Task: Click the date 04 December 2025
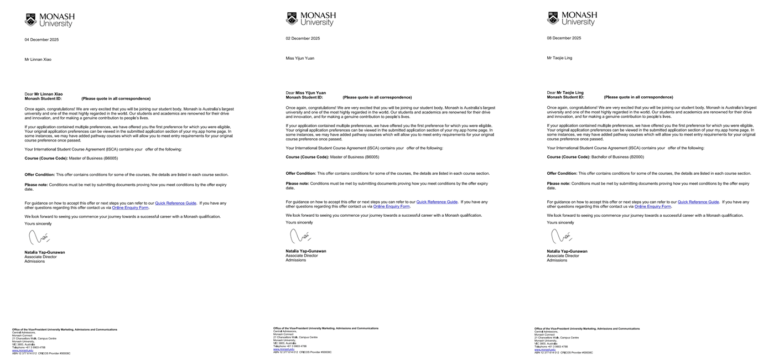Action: point(41,40)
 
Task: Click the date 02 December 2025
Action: point(303,39)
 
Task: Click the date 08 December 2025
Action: point(564,38)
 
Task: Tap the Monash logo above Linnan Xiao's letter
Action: point(49,20)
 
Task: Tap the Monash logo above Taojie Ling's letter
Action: point(572,19)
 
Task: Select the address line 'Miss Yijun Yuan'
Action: point(300,58)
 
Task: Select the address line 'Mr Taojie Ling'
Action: point(559,58)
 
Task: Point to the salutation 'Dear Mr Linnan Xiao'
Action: point(44,94)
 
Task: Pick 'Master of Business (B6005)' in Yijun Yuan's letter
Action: point(355,157)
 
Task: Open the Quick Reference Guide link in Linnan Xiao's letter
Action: point(175,204)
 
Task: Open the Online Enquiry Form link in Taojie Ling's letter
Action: point(652,206)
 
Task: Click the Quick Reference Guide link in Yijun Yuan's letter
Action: point(437,202)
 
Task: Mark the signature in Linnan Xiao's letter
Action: point(39,238)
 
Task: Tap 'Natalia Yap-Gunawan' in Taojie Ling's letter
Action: point(567,251)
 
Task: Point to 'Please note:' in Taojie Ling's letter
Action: point(558,184)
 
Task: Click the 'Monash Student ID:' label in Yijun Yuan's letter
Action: point(304,97)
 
